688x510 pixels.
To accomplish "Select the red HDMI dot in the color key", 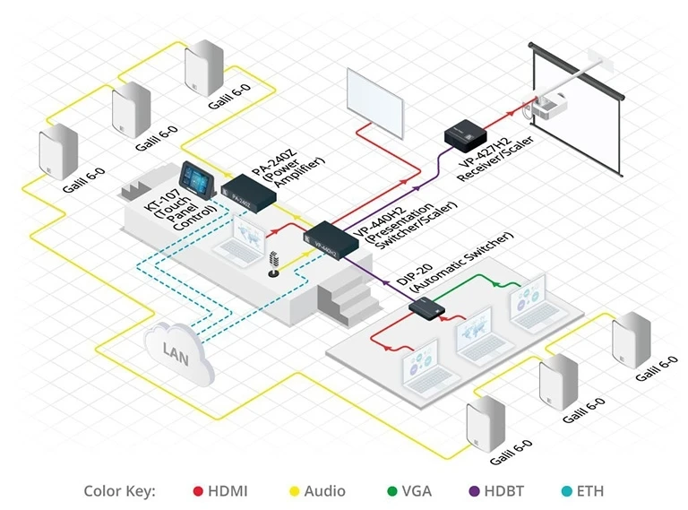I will pyautogui.click(x=199, y=491).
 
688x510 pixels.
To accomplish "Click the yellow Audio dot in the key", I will pyautogui.click(x=291, y=491).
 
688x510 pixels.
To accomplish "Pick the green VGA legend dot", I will pyautogui.click(x=391, y=491).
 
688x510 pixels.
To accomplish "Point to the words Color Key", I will pyautogui.click(x=119, y=491).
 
